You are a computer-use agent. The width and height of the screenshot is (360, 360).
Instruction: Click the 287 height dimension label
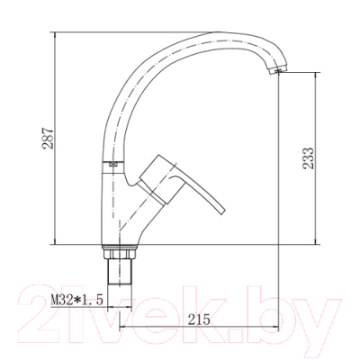pyautogui.click(x=48, y=139)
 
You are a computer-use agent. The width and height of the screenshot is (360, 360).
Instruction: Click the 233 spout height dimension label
pyautogui.click(x=308, y=158)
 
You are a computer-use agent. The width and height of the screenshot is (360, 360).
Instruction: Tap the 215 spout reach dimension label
pyautogui.click(x=199, y=319)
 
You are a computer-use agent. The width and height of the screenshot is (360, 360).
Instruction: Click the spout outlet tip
pyautogui.click(x=278, y=71)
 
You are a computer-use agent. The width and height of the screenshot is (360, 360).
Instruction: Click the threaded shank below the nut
pyautogui.click(x=120, y=272)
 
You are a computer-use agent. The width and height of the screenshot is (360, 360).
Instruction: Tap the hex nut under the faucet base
pyautogui.click(x=120, y=252)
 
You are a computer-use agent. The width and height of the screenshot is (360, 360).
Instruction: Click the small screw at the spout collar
pyautogui.click(x=113, y=164)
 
